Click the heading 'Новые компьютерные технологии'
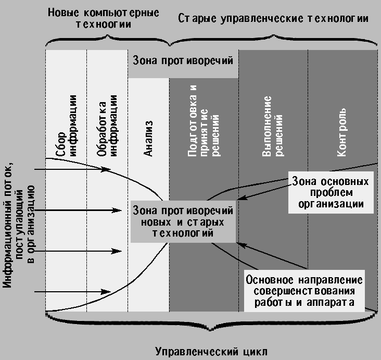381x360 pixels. [104, 18]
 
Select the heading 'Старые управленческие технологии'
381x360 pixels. [273, 18]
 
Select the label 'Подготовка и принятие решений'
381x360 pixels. [198, 125]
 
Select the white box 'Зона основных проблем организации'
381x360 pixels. [331, 192]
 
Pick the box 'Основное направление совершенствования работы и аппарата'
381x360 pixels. [304, 291]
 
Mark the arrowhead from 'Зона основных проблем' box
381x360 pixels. [242, 197]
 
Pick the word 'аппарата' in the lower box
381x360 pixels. [329, 302]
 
